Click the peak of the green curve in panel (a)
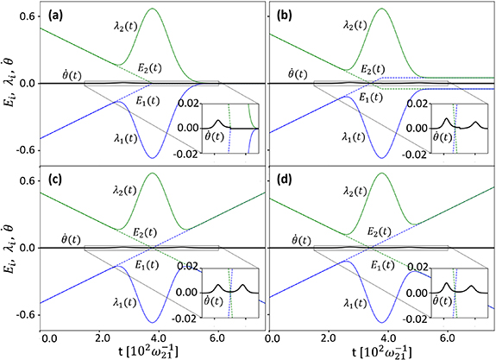tap(152, 9)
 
